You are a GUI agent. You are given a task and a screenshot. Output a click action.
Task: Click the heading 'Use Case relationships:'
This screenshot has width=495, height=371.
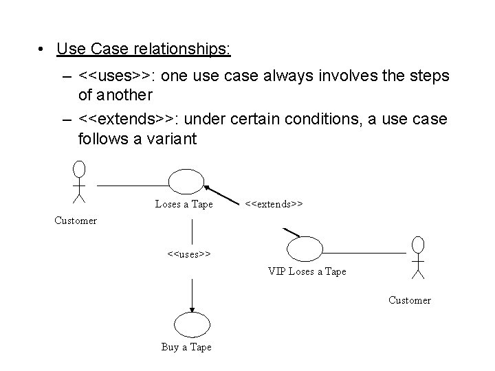144,49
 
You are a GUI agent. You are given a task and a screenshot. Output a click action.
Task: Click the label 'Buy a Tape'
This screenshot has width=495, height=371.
186,347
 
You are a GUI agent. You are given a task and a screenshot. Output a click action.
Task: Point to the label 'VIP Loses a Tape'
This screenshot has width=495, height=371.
307,271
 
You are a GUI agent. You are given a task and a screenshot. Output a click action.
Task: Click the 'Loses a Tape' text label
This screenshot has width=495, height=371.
184,204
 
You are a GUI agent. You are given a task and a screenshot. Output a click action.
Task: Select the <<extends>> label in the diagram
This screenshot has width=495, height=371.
274,204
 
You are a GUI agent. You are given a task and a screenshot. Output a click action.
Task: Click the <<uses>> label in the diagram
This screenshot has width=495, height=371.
188,254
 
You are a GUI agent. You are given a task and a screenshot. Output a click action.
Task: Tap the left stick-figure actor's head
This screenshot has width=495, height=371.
80,169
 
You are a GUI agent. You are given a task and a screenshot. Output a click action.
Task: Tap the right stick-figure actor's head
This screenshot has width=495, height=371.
417,244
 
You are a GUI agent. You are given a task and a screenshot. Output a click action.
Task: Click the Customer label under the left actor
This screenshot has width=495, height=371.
76,221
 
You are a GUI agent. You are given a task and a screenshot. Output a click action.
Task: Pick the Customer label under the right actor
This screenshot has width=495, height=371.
410,300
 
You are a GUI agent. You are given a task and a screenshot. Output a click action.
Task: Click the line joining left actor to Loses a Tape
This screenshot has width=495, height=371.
132,184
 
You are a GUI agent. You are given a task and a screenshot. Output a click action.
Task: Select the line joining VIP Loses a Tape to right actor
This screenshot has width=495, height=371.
364,253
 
